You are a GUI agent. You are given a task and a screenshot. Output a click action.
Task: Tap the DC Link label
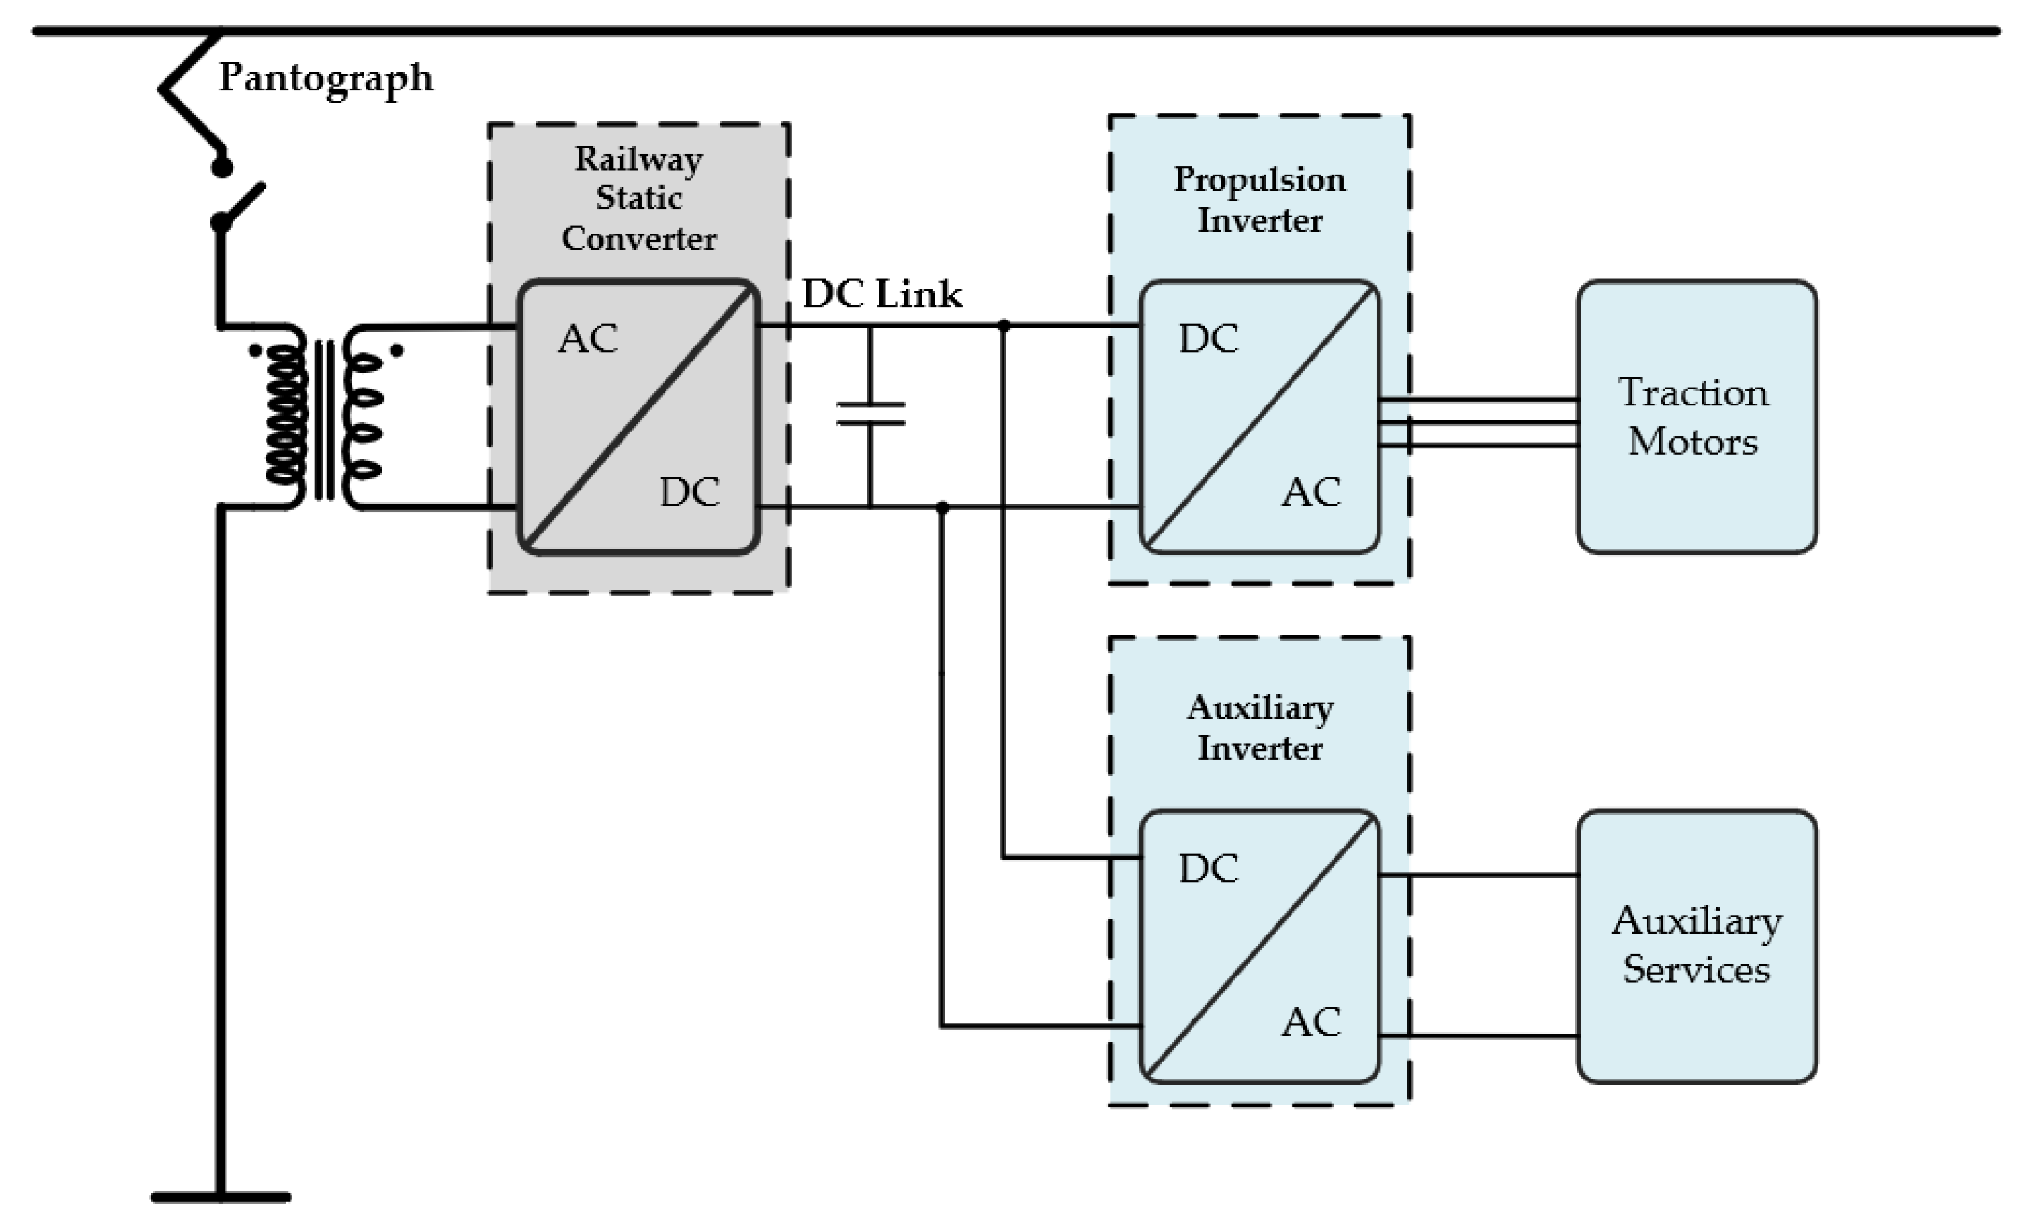pyautogui.click(x=881, y=294)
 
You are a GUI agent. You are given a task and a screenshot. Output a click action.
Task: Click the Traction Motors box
pyautogui.click(x=1697, y=417)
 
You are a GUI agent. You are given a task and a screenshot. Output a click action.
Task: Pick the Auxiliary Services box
pyautogui.click(x=1697, y=946)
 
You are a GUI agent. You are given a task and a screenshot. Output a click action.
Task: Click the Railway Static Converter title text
pyautogui.click(x=638, y=198)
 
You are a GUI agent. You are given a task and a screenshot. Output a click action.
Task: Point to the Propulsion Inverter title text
pyautogui.click(x=1259, y=200)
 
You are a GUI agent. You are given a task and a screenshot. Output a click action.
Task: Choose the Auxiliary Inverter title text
pyautogui.click(x=1259, y=728)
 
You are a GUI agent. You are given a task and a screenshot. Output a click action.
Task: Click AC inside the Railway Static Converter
pyautogui.click(x=588, y=339)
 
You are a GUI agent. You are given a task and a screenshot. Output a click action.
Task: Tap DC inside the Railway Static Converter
pyautogui.click(x=690, y=493)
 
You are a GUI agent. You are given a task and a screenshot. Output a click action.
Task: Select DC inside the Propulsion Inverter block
pyautogui.click(x=1208, y=339)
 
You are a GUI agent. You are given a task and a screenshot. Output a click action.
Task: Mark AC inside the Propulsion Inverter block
pyautogui.click(x=1311, y=493)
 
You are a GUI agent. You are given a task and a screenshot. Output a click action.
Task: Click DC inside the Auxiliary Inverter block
pyautogui.click(x=1208, y=869)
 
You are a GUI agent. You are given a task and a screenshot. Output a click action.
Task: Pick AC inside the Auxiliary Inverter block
pyautogui.click(x=1311, y=1022)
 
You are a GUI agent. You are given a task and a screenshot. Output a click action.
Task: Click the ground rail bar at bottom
pyautogui.click(x=221, y=1197)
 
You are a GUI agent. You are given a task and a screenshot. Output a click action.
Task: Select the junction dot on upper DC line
pyautogui.click(x=1004, y=326)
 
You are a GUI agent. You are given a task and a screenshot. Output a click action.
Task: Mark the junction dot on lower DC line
pyautogui.click(x=942, y=507)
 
